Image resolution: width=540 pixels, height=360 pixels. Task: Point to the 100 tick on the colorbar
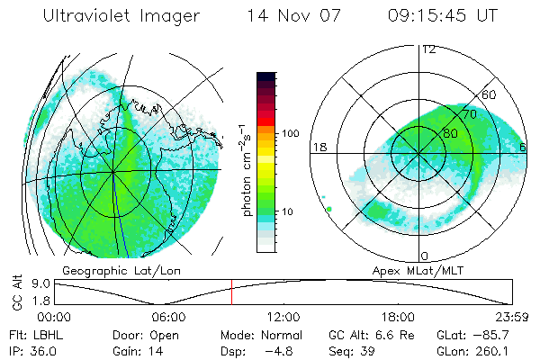[x=291, y=133]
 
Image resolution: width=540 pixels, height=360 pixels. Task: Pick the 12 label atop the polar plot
[x=428, y=49]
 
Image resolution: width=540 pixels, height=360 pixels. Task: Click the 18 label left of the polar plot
[x=318, y=147]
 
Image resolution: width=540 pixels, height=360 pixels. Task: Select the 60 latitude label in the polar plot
[x=490, y=94]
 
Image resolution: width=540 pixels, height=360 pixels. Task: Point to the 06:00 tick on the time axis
[x=168, y=317]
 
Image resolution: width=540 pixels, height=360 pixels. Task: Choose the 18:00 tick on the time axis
[x=398, y=317]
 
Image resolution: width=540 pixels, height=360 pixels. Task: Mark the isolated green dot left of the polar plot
[x=329, y=209]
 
